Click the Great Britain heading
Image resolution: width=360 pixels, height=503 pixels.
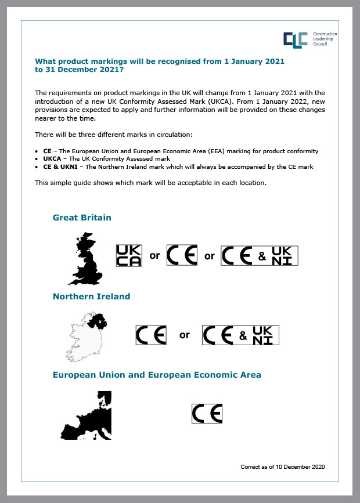82,218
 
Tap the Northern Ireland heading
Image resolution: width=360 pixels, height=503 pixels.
91,296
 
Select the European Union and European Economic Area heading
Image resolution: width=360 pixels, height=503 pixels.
157,375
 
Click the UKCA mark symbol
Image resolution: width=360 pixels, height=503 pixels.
129,255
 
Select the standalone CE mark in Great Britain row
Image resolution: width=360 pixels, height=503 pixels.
182,255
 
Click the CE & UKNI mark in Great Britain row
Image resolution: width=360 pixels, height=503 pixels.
260,255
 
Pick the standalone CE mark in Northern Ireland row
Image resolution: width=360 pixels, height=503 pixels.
151,335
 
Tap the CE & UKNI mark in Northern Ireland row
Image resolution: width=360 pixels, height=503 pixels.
240,335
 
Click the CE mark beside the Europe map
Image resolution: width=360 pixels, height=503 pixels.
207,414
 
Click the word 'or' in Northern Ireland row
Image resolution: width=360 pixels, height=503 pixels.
185,335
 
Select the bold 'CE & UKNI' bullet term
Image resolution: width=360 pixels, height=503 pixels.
61,167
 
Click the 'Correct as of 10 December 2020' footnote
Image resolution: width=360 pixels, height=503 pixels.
282,466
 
